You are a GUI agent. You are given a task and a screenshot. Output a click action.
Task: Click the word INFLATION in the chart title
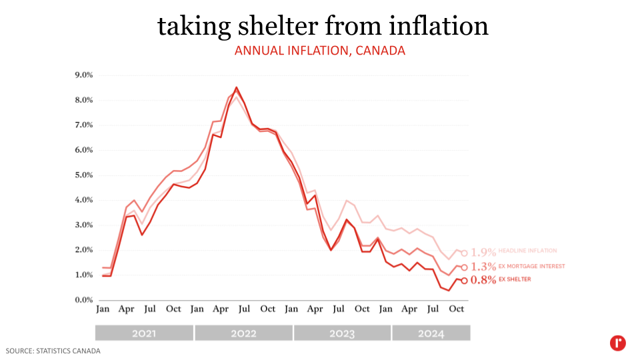(313, 51)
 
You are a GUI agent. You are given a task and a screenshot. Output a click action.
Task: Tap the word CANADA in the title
(380, 51)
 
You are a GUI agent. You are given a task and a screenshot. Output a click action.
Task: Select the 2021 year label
(144, 333)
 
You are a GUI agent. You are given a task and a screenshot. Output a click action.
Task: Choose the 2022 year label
(243, 333)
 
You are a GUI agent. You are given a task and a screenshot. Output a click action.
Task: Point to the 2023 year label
(342, 333)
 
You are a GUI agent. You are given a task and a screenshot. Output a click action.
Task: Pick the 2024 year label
(431, 333)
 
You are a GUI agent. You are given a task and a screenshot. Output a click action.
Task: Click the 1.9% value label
(483, 253)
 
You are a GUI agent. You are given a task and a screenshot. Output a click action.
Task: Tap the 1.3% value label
(483, 267)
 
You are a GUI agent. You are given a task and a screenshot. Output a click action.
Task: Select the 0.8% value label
(483, 281)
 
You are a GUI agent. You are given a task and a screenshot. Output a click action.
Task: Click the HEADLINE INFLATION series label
(527, 251)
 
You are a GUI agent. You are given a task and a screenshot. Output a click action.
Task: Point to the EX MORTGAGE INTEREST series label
(532, 266)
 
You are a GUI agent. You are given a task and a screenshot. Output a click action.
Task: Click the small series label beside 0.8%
(515, 279)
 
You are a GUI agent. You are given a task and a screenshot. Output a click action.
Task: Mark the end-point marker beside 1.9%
(464, 253)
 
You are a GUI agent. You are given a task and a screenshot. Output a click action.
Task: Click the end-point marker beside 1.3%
(464, 267)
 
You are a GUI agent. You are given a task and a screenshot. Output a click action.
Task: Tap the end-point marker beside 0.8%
(464, 281)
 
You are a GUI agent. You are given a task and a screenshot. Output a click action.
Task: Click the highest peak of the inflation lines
(237, 87)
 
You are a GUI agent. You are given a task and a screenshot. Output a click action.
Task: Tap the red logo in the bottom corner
(617, 343)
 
